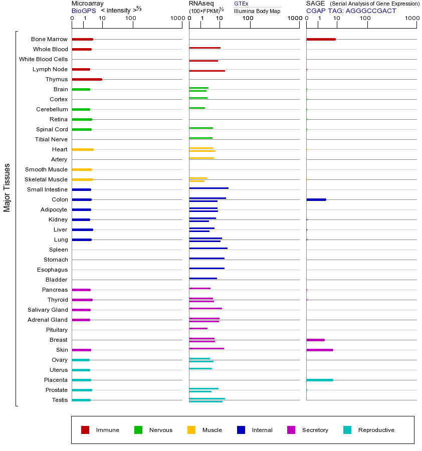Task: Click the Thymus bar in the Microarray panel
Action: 87,79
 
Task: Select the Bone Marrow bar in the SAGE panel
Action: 321,39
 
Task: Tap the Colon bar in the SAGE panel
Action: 316,199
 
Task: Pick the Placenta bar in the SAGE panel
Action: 319,380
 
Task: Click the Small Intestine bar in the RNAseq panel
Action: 208,188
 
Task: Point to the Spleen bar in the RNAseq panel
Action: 208,248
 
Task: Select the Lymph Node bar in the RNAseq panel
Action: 207,71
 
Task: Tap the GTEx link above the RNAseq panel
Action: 241,4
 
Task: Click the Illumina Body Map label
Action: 257,11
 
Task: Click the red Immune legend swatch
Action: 85,430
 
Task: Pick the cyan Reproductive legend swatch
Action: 347,430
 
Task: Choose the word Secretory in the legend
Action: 315,430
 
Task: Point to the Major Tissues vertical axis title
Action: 7,187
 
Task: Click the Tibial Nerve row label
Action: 51,139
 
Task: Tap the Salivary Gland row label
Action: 48,310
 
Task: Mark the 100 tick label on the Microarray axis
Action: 130,19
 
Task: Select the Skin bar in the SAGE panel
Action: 319,350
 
